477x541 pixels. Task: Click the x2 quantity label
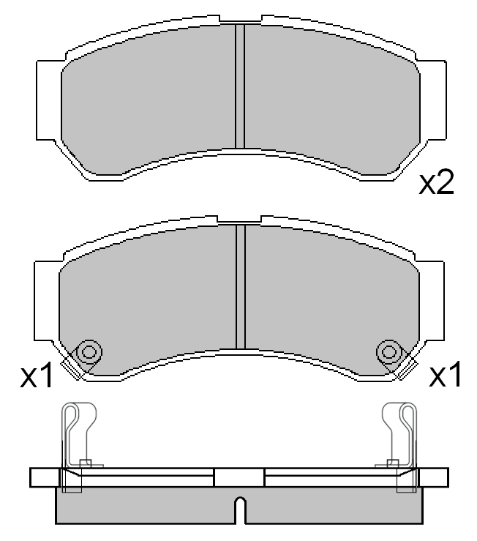click(436, 184)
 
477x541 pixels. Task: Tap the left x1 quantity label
click(37, 376)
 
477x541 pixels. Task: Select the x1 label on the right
click(445, 376)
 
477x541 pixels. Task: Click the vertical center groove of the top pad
click(239, 86)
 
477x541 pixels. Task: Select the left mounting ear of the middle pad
click(45, 300)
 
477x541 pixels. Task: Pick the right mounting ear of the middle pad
click(433, 300)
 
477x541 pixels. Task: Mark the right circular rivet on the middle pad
click(388, 352)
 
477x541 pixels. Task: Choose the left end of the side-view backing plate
click(43, 477)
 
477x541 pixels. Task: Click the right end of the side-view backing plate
click(435, 477)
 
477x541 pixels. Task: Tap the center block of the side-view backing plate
click(239, 477)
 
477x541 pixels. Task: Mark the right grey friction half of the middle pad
click(329, 293)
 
